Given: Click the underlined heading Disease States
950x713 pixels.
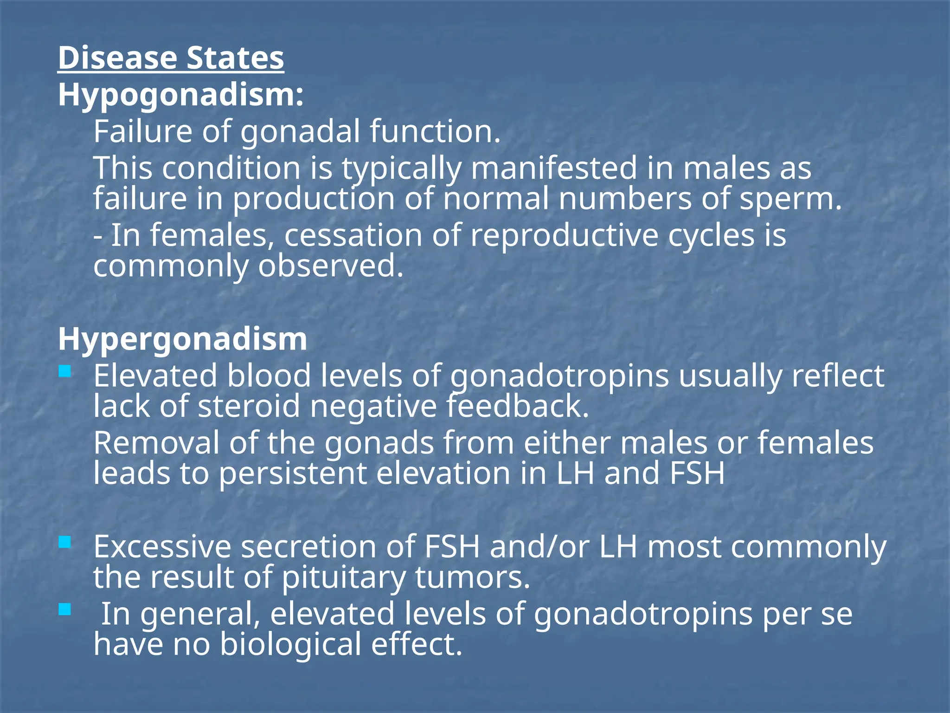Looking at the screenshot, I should (171, 58).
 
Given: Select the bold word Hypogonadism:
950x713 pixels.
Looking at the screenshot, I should (181, 96).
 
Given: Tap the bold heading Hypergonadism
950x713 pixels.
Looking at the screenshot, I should (182, 339).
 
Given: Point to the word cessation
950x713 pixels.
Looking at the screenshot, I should (353, 235).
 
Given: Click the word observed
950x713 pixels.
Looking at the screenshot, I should (330, 266).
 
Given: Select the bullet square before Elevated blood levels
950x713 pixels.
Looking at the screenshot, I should (65, 371).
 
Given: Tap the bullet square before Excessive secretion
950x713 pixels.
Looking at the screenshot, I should (65, 542).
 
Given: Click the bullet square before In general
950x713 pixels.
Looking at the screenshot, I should (65, 609).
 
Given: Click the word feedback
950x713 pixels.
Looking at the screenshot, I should (517, 407).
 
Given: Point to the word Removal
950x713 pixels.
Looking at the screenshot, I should (156, 443).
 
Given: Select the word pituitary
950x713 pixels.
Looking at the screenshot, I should (343, 578).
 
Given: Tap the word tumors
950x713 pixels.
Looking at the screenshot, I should (472, 578).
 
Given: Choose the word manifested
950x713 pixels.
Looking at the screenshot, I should (554, 169).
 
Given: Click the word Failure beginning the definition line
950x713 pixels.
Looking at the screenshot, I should (142, 132).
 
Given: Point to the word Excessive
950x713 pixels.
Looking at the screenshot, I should (162, 547).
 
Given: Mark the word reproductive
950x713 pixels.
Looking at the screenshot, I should (564, 235).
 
